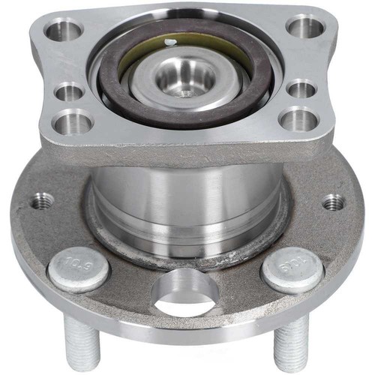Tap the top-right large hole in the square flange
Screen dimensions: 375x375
click(304, 27)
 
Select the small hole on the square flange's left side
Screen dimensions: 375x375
click(70, 93)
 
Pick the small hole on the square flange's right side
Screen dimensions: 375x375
click(301, 89)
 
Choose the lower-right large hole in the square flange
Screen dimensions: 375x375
click(298, 118)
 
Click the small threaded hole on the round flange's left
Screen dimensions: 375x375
click(42, 201)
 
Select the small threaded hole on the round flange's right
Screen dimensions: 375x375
click(333, 202)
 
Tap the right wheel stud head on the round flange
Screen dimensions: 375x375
click(293, 268)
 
